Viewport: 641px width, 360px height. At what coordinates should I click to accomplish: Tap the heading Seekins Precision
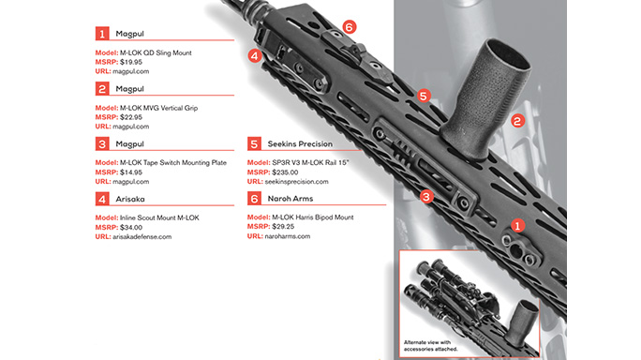click(303, 143)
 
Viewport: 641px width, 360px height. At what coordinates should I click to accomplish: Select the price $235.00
click(287, 172)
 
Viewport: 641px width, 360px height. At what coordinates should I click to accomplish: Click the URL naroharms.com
click(287, 237)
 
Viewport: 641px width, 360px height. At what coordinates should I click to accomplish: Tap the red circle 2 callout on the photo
click(515, 121)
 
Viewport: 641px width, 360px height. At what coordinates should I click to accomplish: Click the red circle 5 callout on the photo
click(423, 97)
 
